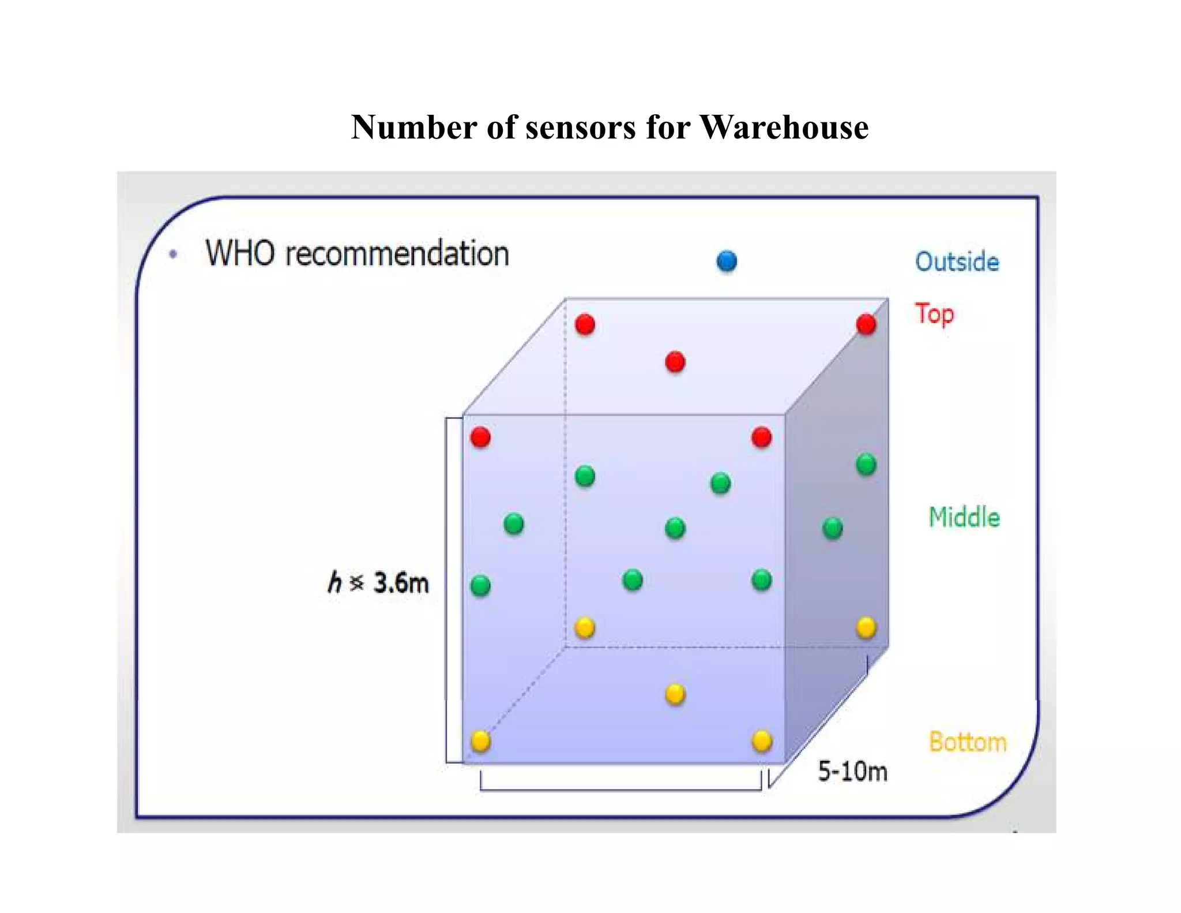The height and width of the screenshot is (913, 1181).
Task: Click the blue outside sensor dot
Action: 727,261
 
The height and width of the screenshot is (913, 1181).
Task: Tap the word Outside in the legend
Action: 957,261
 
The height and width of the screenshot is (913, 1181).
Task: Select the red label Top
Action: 934,314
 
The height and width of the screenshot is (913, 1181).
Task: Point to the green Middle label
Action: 964,517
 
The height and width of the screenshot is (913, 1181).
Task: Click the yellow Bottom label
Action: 968,742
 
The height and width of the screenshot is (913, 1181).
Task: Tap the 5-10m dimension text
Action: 852,772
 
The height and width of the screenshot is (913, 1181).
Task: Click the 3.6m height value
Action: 401,582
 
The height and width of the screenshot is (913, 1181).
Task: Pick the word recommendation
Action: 397,254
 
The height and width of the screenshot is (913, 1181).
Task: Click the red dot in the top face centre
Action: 675,362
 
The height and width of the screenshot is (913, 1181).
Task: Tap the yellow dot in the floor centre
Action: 675,694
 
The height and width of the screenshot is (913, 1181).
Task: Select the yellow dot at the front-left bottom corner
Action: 480,740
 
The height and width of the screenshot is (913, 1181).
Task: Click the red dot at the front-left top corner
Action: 480,437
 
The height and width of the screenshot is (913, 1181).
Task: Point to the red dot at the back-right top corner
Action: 866,324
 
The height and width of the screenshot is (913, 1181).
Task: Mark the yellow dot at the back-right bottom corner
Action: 866,627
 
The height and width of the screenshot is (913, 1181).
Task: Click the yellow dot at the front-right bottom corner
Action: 762,741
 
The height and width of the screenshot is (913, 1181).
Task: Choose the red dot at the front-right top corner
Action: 762,437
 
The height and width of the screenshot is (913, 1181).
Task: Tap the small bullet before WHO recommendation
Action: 173,254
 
